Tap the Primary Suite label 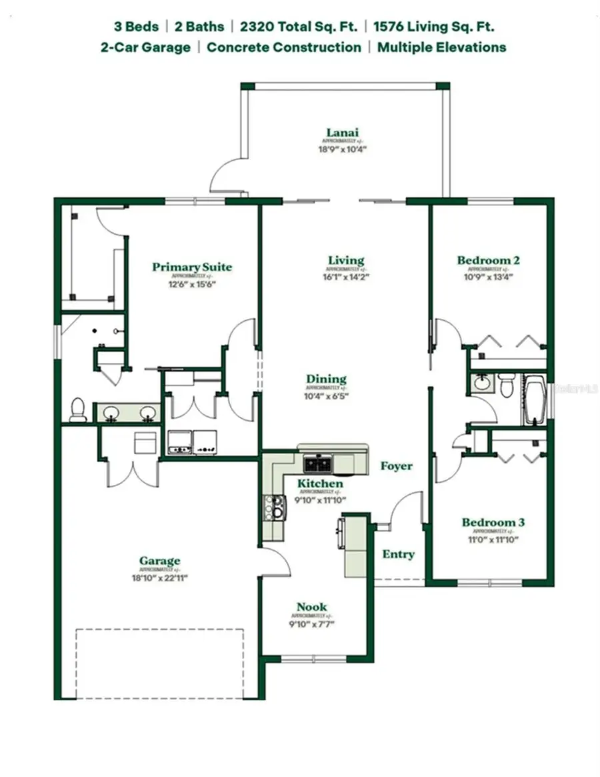[x=192, y=267]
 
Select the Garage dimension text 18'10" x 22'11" [x=160, y=578]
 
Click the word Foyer [x=396, y=466]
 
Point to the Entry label [x=398, y=554]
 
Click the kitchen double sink [x=318, y=462]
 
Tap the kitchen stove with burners [x=273, y=508]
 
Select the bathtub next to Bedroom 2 [x=535, y=401]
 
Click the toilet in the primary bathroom [x=78, y=410]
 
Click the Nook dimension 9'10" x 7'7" [x=312, y=624]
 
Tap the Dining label [x=326, y=379]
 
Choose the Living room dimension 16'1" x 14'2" [x=346, y=275]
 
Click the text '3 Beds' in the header [x=136, y=27]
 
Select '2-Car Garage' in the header [x=145, y=47]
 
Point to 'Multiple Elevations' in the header [x=441, y=47]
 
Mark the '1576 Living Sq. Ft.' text [x=433, y=27]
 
